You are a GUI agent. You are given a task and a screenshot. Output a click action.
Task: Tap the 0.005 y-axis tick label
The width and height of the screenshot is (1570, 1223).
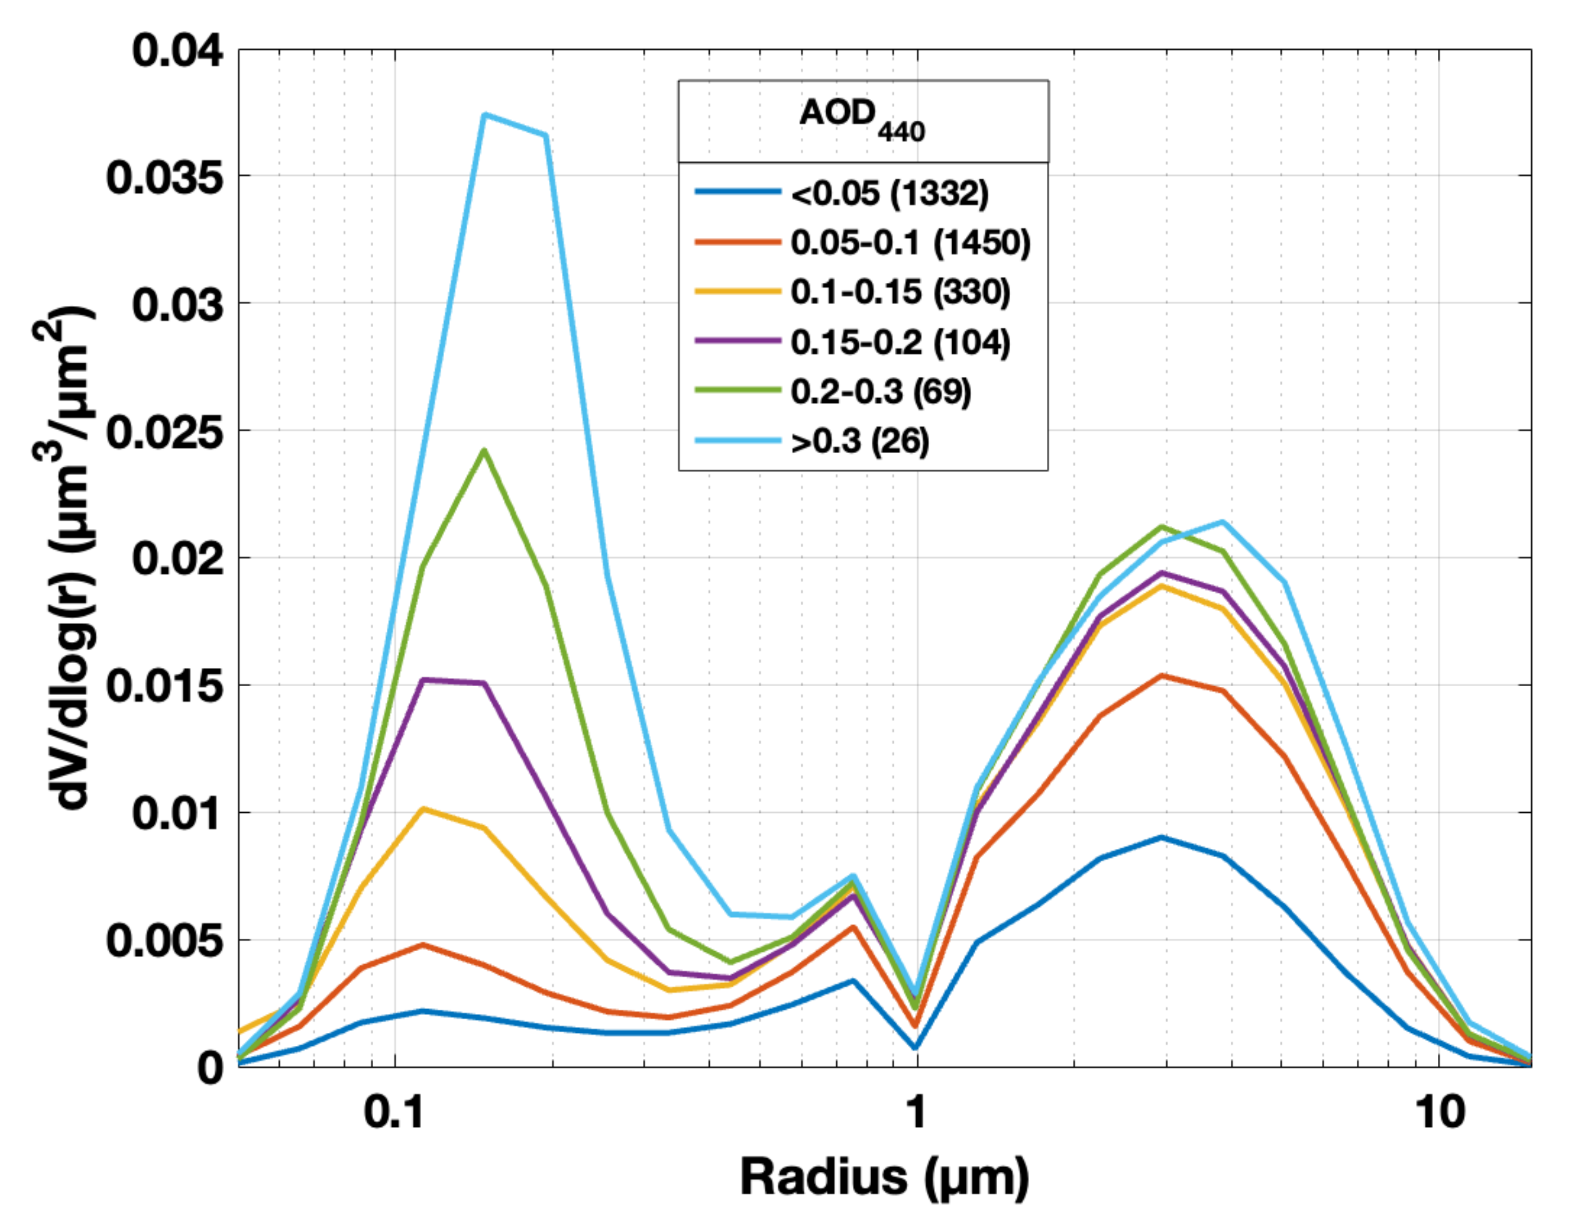coord(165,940)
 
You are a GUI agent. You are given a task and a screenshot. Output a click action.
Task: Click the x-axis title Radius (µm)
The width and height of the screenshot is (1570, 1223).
coord(884,1178)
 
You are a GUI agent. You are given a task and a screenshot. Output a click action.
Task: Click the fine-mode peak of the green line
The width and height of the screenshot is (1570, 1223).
coord(484,451)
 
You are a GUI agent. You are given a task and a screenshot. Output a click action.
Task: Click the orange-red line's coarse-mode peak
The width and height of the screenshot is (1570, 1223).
coord(1162,675)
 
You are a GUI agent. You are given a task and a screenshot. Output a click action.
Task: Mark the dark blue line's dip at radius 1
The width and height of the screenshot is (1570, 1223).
coord(915,1047)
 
